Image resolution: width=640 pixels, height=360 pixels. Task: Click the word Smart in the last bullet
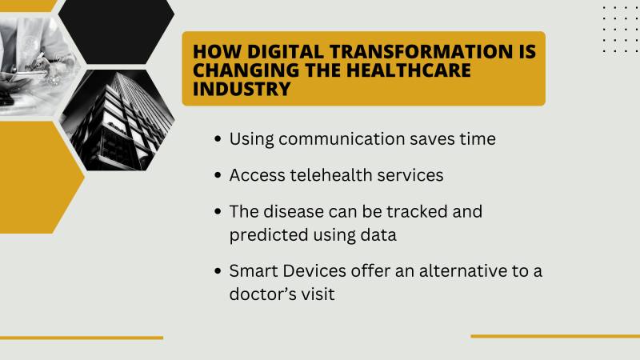[254, 271]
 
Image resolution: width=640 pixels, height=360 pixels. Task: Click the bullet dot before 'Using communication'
[218, 140]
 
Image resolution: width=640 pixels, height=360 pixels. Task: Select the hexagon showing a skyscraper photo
[116, 120]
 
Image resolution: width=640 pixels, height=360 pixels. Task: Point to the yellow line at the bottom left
[81, 338]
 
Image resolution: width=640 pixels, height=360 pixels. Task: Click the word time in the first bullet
[478, 139]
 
